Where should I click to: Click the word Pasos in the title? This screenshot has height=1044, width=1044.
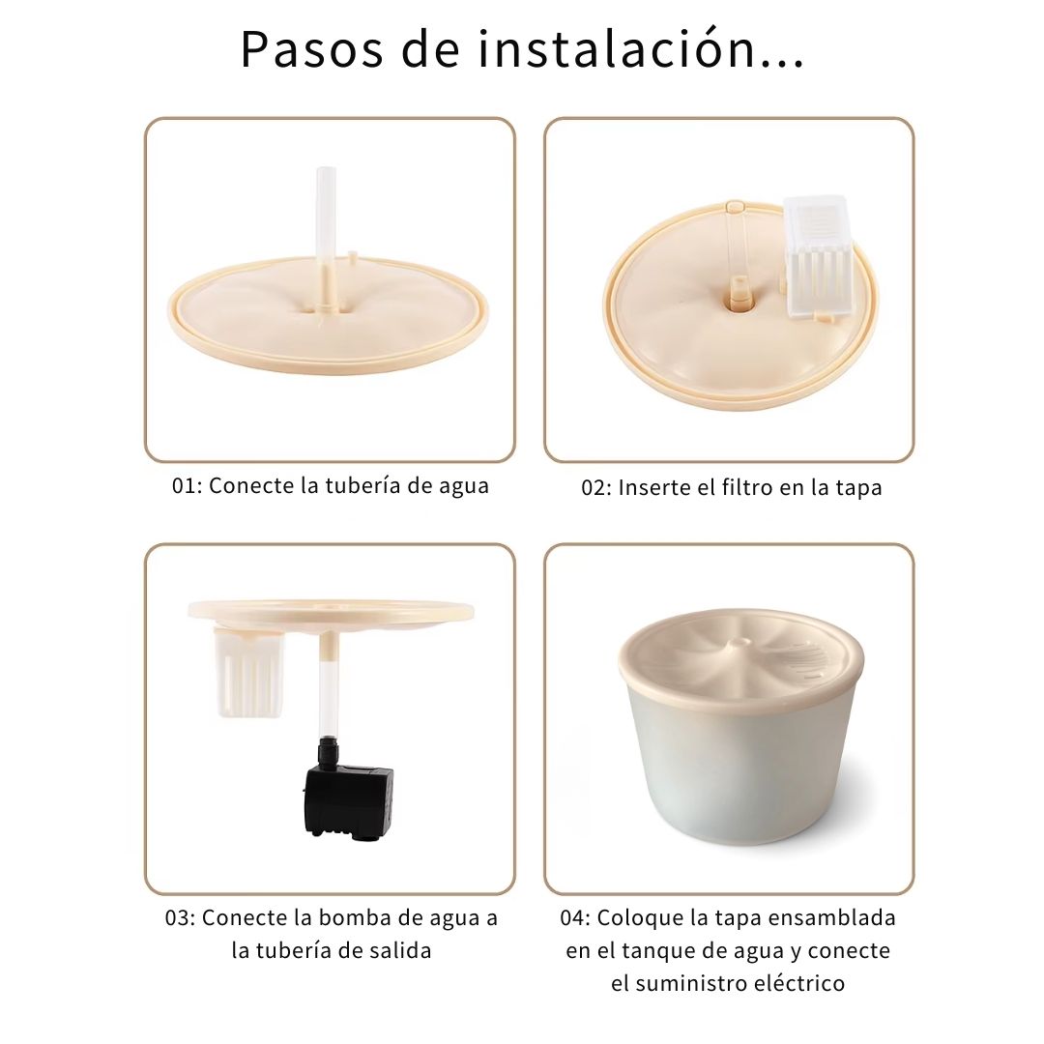click(x=312, y=50)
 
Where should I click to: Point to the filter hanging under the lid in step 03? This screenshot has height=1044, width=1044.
click(x=248, y=673)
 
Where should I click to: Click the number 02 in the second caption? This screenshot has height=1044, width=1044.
click(x=594, y=488)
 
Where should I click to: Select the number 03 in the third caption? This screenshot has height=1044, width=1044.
click(x=178, y=918)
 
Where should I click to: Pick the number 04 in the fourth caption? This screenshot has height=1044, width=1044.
click(x=572, y=918)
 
